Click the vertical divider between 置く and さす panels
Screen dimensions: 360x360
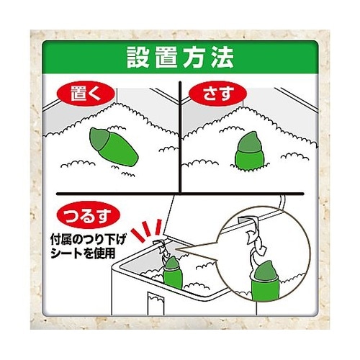point(180,137)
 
